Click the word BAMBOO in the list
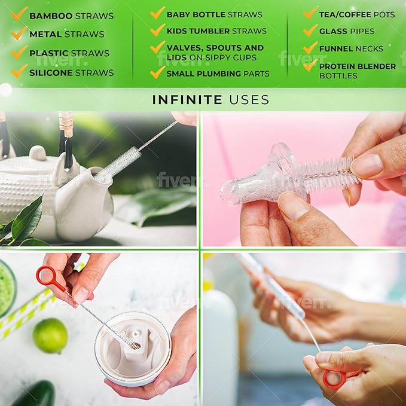tap(51, 16)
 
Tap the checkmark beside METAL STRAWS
tap(19, 33)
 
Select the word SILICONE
tap(51, 73)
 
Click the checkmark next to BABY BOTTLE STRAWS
tap(157, 13)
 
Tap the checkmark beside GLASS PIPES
tap(310, 30)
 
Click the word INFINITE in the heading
tap(187, 100)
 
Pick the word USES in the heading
tap(249, 100)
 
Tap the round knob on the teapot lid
tap(38, 152)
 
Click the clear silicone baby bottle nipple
tap(261, 176)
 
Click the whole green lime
tap(50, 336)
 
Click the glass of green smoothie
tap(7, 289)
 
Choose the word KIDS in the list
tap(177, 31)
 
